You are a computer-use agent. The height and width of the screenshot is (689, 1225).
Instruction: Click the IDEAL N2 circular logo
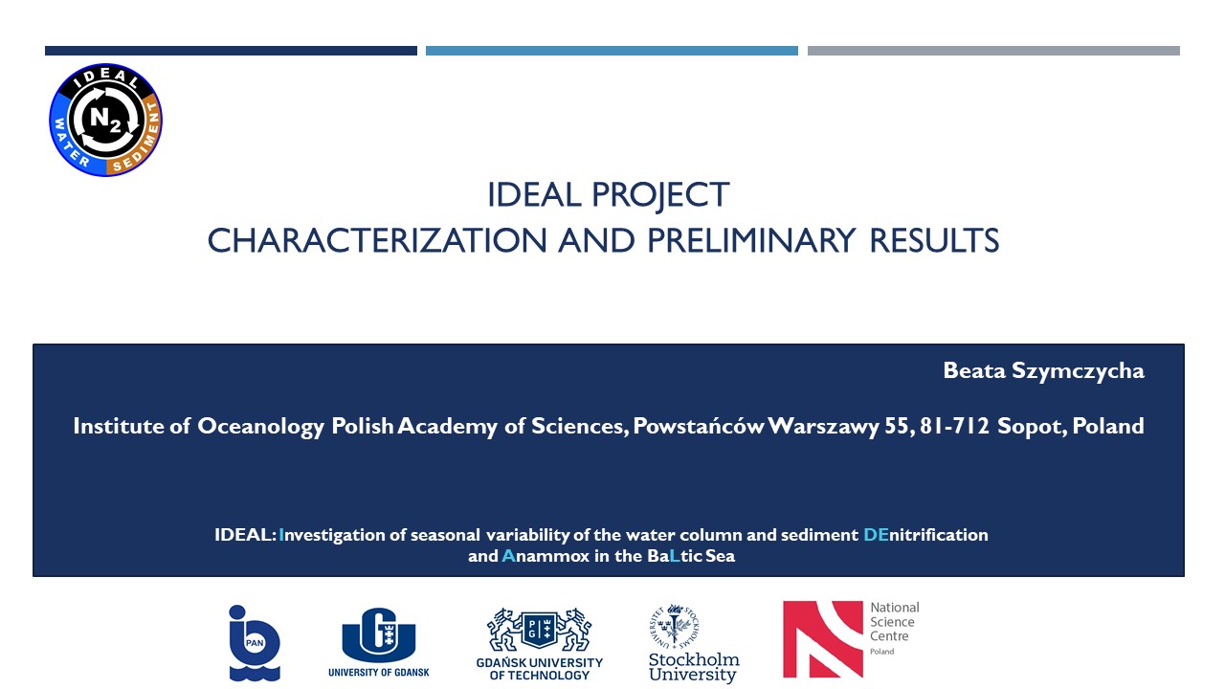(105, 120)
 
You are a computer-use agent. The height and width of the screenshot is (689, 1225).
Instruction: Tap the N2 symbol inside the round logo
(105, 120)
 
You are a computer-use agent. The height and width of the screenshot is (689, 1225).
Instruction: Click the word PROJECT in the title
(660, 195)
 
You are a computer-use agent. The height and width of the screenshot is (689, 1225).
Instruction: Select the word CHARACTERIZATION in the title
(377, 240)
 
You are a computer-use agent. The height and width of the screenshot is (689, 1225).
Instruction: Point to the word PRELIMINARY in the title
(751, 240)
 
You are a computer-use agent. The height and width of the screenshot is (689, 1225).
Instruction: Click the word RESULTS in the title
(934, 240)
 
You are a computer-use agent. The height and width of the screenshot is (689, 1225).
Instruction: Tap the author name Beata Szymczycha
(1043, 371)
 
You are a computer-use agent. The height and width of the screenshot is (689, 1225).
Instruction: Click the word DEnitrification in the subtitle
(925, 534)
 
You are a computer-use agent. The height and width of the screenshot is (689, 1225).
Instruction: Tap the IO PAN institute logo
(255, 642)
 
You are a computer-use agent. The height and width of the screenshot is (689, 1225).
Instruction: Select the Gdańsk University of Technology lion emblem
(539, 629)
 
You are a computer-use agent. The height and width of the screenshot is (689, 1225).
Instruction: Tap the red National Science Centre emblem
(822, 639)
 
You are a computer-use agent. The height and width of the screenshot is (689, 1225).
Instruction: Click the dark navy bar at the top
(231, 51)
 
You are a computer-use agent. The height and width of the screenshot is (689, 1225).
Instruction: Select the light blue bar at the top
(612, 51)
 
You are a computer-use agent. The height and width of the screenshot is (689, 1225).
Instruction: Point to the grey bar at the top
(993, 51)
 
